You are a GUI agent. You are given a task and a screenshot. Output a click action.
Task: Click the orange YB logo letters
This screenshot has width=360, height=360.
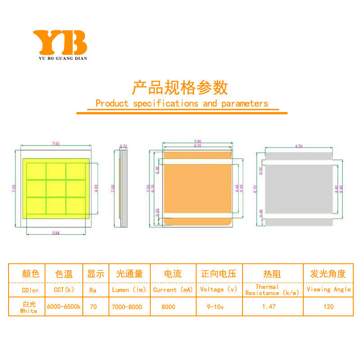[60, 42]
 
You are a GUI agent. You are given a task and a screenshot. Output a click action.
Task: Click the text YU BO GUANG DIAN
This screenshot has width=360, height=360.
[60, 58]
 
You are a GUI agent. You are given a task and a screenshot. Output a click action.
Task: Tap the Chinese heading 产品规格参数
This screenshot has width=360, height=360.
[180, 86]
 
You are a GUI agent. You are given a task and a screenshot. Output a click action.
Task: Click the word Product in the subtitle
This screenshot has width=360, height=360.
[112, 103]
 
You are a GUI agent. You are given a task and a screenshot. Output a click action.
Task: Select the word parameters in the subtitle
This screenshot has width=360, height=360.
[244, 103]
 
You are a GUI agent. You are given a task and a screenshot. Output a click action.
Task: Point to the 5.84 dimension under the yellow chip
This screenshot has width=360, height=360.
[56, 232]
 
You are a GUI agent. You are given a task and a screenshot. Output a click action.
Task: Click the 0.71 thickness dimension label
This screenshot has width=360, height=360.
[124, 146]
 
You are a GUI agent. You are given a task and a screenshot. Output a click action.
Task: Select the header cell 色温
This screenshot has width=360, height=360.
[64, 274]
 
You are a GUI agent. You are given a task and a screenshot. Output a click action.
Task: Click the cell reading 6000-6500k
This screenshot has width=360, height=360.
[64, 307]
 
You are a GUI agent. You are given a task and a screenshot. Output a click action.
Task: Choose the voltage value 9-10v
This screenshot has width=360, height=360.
[218, 307]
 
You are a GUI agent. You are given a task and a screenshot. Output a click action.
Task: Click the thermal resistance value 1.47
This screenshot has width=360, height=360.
[272, 307]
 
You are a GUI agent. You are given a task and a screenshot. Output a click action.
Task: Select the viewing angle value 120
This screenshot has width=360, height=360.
[328, 307]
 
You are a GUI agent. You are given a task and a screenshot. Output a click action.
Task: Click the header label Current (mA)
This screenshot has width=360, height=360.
[173, 290]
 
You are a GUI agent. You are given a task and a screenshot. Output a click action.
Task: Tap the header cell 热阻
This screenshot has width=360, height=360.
[272, 274]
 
